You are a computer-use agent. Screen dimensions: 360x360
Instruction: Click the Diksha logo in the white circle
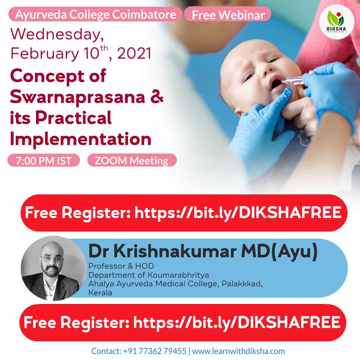[x=337, y=22]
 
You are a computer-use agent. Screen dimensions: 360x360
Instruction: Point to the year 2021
[x=134, y=53]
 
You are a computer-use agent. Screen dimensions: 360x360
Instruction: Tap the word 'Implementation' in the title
[x=81, y=139]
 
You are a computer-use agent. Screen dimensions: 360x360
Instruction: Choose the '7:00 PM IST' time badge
[x=44, y=160]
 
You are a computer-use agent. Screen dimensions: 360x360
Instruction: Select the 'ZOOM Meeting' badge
[x=132, y=160]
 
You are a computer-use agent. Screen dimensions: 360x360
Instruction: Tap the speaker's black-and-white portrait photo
[x=54, y=268]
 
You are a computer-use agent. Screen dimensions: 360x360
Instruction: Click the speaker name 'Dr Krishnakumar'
[x=163, y=251]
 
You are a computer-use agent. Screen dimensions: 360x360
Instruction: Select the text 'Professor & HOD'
[x=121, y=266]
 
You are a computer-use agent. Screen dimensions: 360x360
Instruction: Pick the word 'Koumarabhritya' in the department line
[x=178, y=275]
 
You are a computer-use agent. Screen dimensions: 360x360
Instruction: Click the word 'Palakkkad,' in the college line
[x=242, y=284]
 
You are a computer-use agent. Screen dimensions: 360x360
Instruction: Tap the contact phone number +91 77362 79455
[x=155, y=351]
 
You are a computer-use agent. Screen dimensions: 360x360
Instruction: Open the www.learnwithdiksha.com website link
[x=238, y=351]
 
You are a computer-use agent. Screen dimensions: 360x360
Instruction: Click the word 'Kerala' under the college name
[x=100, y=293]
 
